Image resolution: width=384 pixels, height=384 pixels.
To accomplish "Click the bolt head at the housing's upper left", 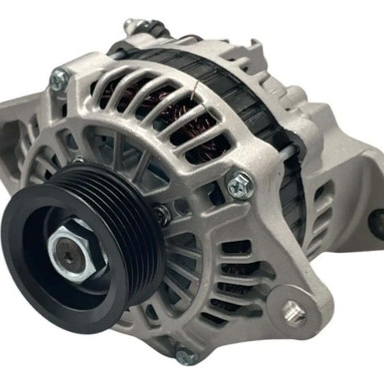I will coord(59,80).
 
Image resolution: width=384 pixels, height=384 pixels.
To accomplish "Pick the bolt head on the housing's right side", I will coord(241,185).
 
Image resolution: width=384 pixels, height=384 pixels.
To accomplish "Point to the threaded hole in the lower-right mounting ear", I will coord(294,313).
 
